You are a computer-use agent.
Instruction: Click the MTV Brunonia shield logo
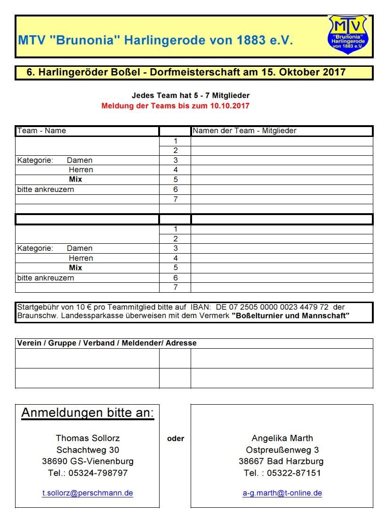point(348,34)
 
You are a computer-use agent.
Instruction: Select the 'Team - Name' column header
point(41,131)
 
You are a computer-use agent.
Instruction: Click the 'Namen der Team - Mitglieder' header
point(244,131)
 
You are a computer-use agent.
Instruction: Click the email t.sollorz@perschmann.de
point(88,493)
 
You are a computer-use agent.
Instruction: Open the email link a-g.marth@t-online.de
point(282,493)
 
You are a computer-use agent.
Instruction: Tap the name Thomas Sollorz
point(88,438)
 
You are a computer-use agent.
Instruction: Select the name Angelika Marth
point(282,438)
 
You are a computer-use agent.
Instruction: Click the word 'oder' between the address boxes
point(176,439)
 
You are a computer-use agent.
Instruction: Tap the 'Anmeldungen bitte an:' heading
point(88,413)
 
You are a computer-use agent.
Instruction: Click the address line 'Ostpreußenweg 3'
point(282,450)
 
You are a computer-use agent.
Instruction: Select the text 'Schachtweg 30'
point(88,450)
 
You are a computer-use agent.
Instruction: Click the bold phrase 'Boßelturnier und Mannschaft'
point(290,316)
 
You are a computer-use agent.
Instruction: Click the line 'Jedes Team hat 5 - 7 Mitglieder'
point(191,96)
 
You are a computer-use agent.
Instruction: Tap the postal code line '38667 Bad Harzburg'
point(281,461)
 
